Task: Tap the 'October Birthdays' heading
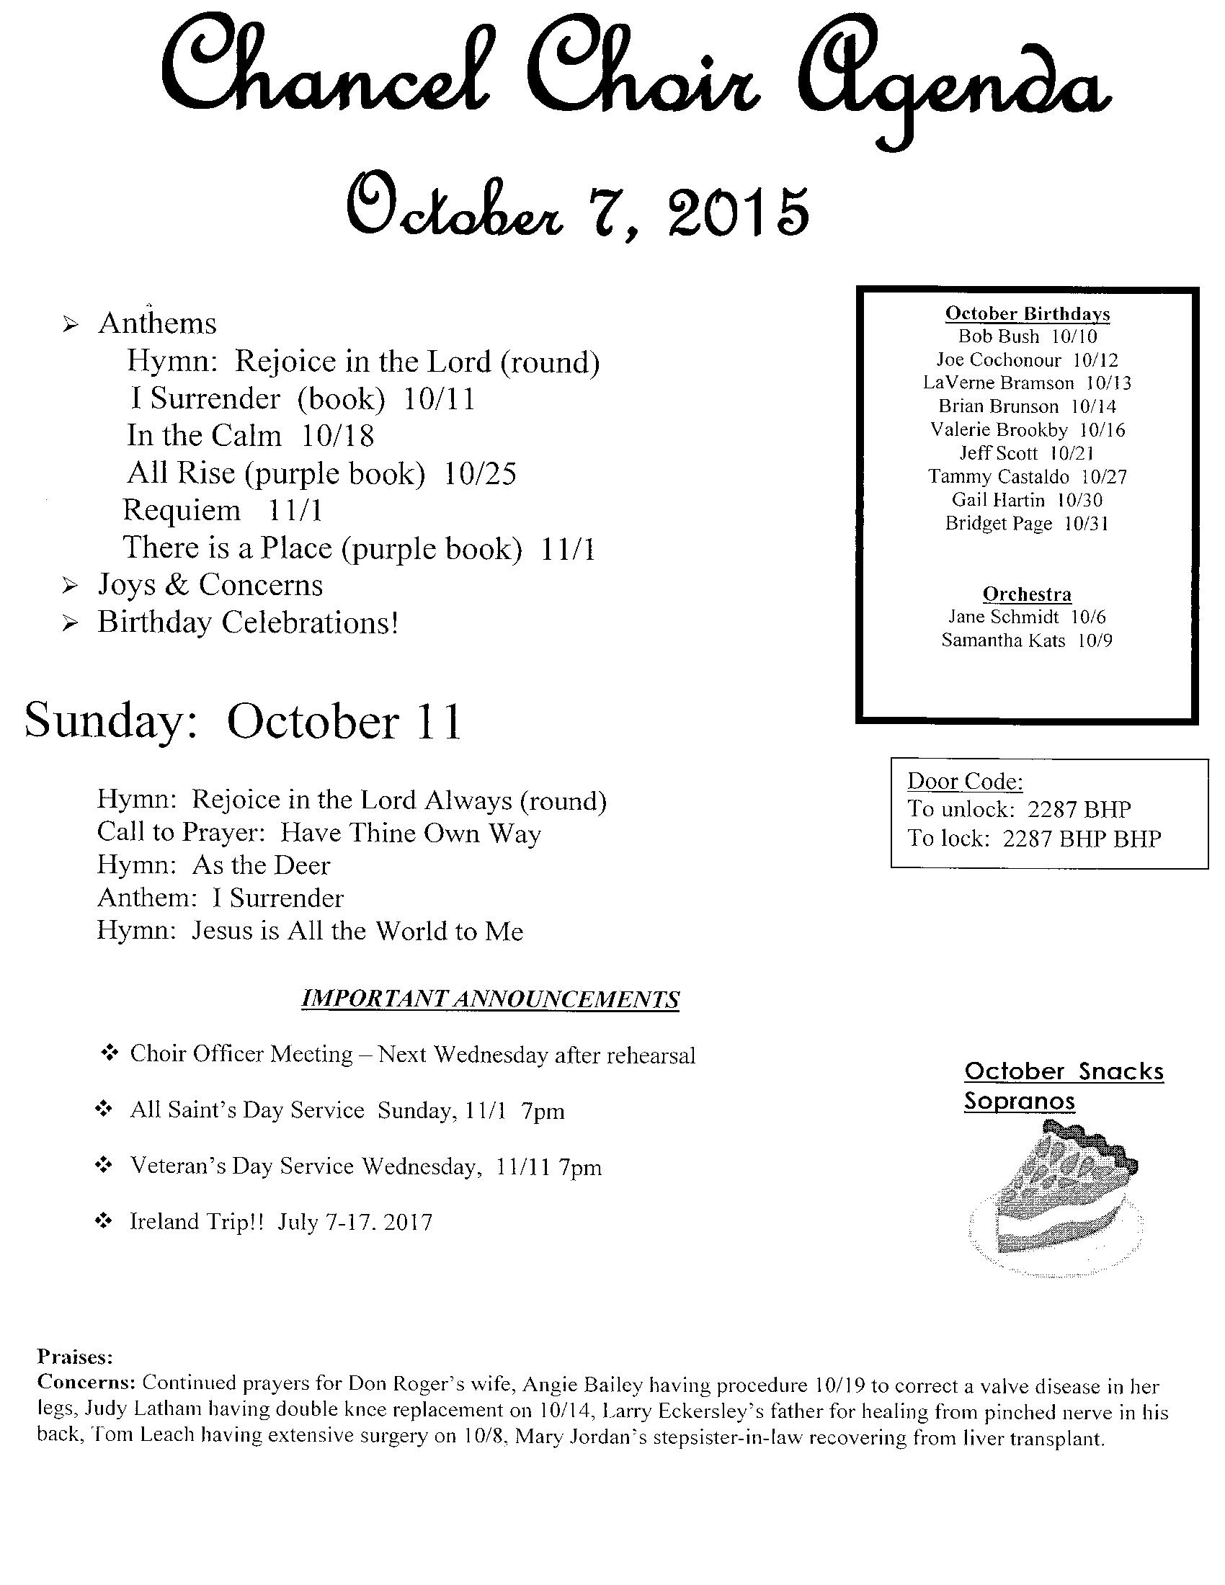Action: (x=1027, y=313)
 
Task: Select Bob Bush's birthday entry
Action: (x=1027, y=336)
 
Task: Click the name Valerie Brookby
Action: (x=999, y=430)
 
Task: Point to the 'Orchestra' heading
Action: (x=1027, y=594)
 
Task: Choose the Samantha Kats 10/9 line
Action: (x=1027, y=640)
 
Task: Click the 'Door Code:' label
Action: (x=964, y=781)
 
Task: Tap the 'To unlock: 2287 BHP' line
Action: (x=1018, y=809)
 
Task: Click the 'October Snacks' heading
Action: (x=1064, y=1071)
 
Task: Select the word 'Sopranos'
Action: (x=1019, y=1101)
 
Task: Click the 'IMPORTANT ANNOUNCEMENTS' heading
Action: (x=490, y=999)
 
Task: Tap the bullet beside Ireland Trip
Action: (x=104, y=1222)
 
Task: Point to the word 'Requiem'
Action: (x=182, y=510)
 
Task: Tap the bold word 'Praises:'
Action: (x=75, y=1356)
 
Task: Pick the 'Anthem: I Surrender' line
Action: (x=220, y=898)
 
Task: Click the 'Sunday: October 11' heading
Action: (x=243, y=722)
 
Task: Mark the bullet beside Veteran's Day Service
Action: (x=104, y=1166)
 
